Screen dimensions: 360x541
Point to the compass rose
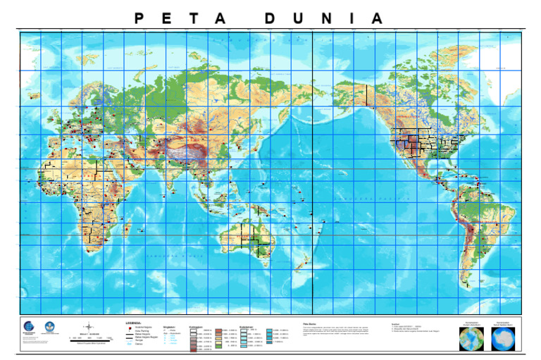pyautogui.click(x=89, y=327)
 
